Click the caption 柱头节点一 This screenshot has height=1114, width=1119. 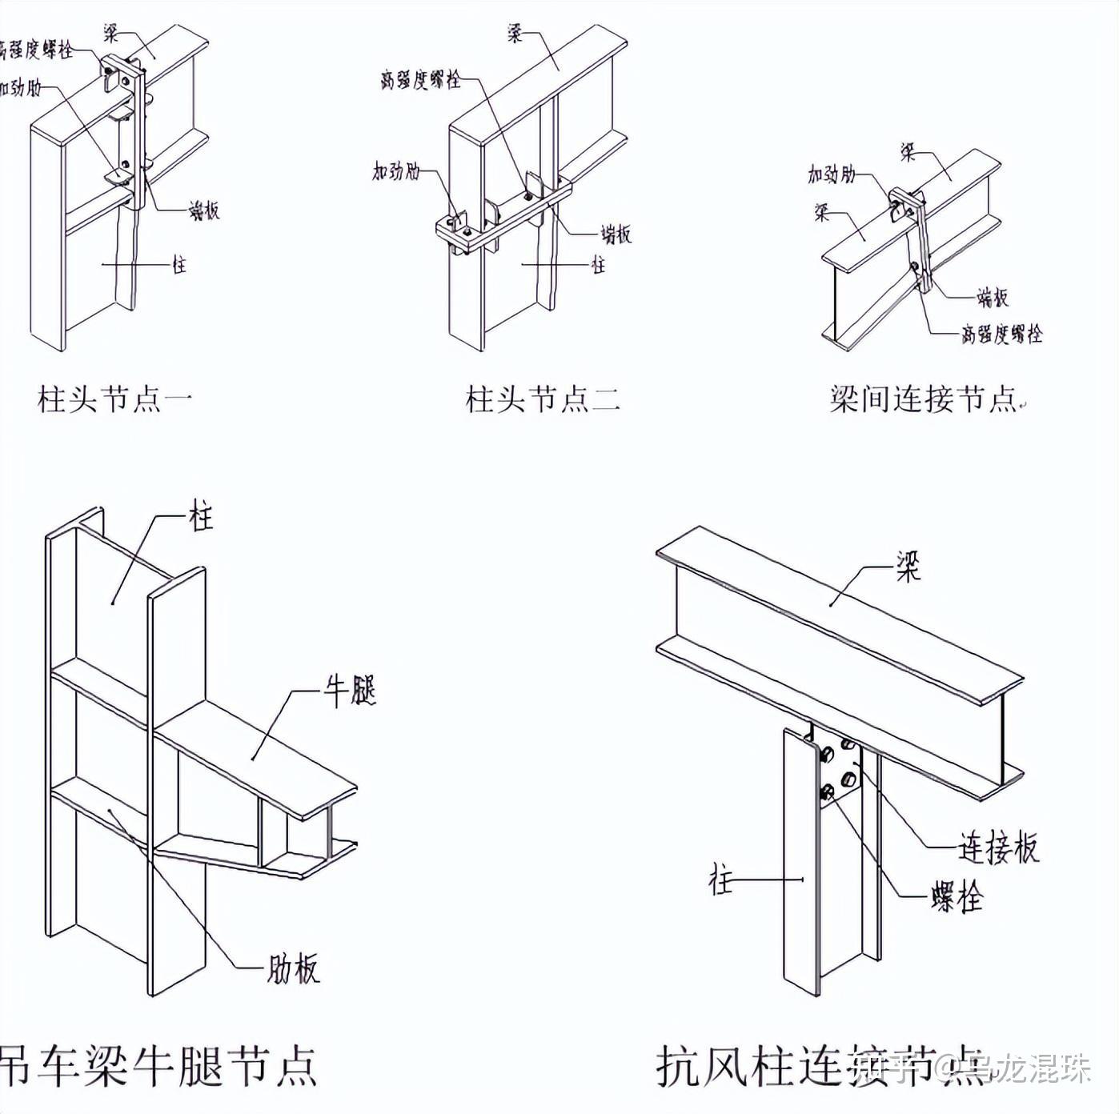coord(114,399)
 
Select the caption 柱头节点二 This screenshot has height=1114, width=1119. coord(543,399)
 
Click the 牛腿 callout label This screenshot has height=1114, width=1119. coord(350,691)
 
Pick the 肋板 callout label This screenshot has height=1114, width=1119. coord(293,968)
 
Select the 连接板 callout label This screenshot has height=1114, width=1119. coord(998,848)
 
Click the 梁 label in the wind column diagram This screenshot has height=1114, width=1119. coord(908,567)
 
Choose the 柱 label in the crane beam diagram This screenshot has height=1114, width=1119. coord(201,516)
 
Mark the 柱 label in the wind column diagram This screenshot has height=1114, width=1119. coord(720,880)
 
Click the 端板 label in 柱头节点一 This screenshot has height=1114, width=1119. coord(203,210)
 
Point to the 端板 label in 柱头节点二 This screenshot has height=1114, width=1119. coord(616,234)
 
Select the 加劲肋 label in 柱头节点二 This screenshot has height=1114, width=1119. coord(395,170)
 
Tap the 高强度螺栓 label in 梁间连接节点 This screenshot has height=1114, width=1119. coord(1001,333)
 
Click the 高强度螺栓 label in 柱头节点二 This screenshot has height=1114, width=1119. coord(420,79)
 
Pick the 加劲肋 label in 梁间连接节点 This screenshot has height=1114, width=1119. coord(832,174)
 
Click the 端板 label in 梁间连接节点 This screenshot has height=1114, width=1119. coord(992,298)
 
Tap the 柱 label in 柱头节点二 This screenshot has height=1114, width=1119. coord(598,264)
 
